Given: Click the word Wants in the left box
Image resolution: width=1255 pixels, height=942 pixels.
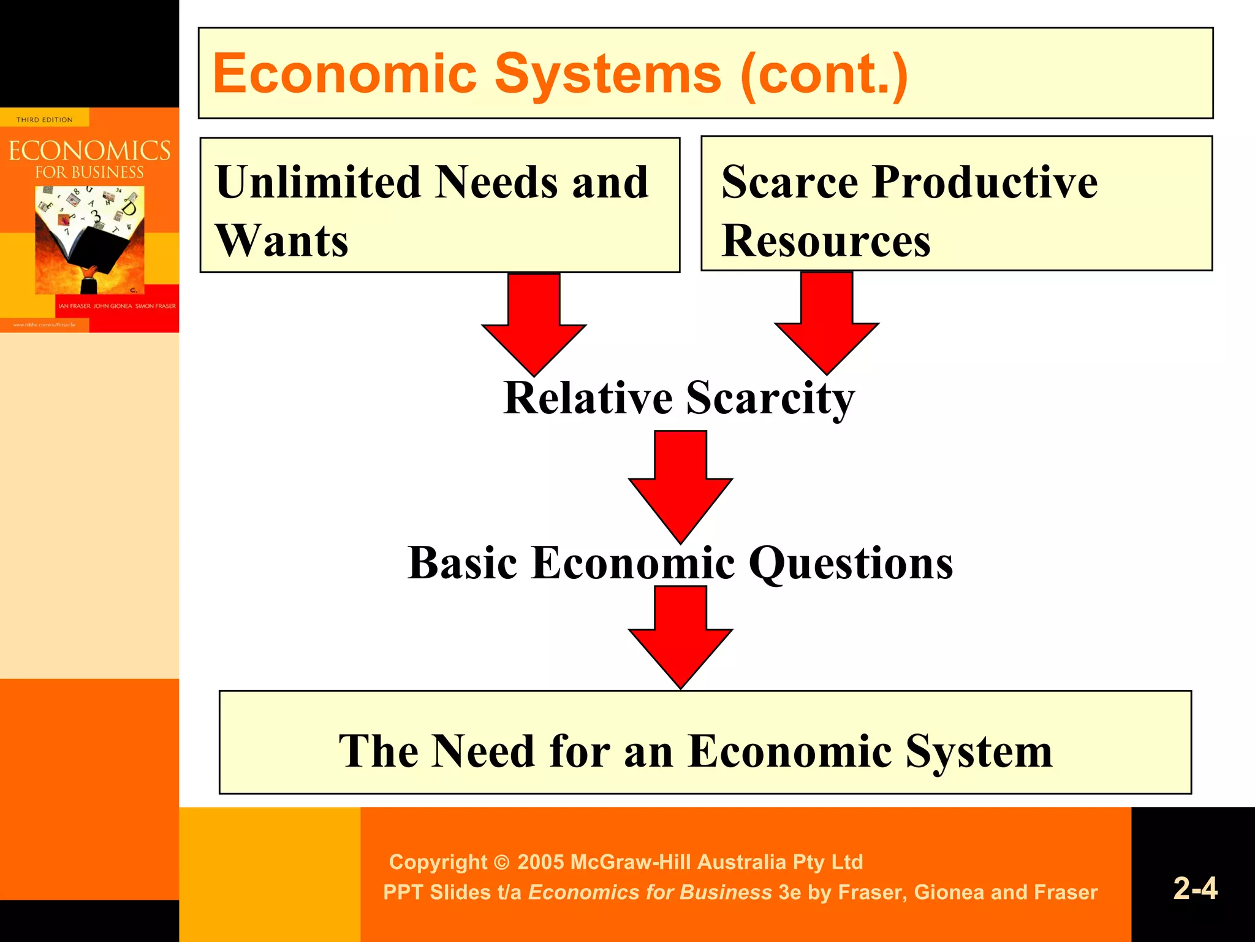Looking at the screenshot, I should [282, 241].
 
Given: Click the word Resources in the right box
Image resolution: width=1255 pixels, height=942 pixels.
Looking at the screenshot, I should [826, 241].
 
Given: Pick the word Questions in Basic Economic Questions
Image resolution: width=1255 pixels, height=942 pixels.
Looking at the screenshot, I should [851, 563].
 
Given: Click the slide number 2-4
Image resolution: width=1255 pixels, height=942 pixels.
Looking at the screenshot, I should [1195, 888].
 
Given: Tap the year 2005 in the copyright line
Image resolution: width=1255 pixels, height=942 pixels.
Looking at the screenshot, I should [540, 862].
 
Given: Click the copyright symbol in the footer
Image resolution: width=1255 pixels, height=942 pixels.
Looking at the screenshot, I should [501, 863].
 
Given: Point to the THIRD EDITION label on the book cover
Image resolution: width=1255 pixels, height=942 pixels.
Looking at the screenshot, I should [44, 120].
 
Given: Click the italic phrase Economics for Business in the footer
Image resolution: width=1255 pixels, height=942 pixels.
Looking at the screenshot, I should [650, 892].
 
